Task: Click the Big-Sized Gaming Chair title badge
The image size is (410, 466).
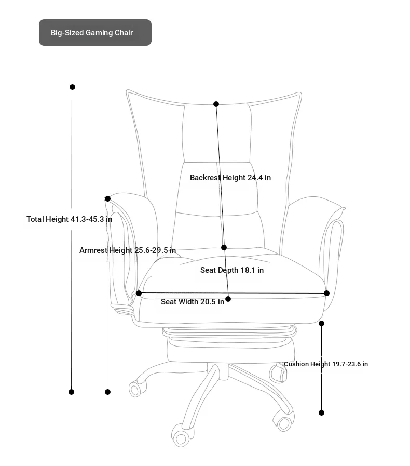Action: (x=95, y=32)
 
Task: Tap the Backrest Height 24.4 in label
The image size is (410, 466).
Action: (x=230, y=178)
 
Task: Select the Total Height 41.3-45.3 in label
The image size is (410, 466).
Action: (x=69, y=219)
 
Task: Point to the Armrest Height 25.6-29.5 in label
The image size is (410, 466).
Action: (x=128, y=250)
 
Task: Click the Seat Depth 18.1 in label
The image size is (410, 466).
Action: (x=232, y=270)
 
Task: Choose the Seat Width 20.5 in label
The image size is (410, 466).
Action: (x=193, y=302)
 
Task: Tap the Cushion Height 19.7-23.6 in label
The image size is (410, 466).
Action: (x=326, y=364)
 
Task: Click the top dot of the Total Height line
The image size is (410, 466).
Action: (x=73, y=87)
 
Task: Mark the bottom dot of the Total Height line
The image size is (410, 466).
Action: (x=71, y=392)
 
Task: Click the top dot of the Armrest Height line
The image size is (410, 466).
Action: (x=108, y=199)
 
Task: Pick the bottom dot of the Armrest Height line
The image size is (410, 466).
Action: (x=108, y=392)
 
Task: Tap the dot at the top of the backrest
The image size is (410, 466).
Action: (x=216, y=104)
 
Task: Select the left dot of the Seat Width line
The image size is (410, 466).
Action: (x=139, y=294)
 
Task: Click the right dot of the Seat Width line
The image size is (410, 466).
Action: (x=326, y=294)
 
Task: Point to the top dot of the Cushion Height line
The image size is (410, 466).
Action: (x=322, y=323)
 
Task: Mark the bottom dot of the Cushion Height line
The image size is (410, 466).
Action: (x=322, y=413)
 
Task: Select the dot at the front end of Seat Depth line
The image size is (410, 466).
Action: (x=228, y=299)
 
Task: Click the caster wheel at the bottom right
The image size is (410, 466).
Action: (x=283, y=421)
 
